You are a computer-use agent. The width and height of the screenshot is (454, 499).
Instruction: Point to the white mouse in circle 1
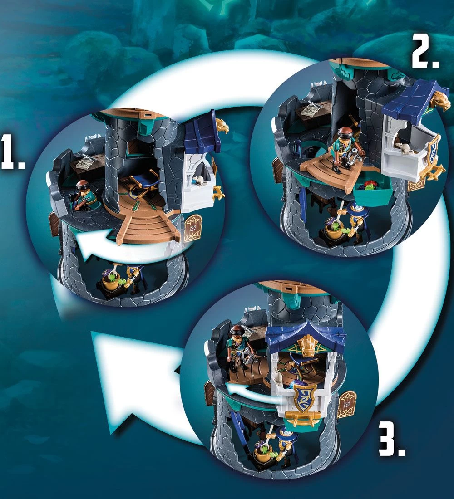pos(198,181)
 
